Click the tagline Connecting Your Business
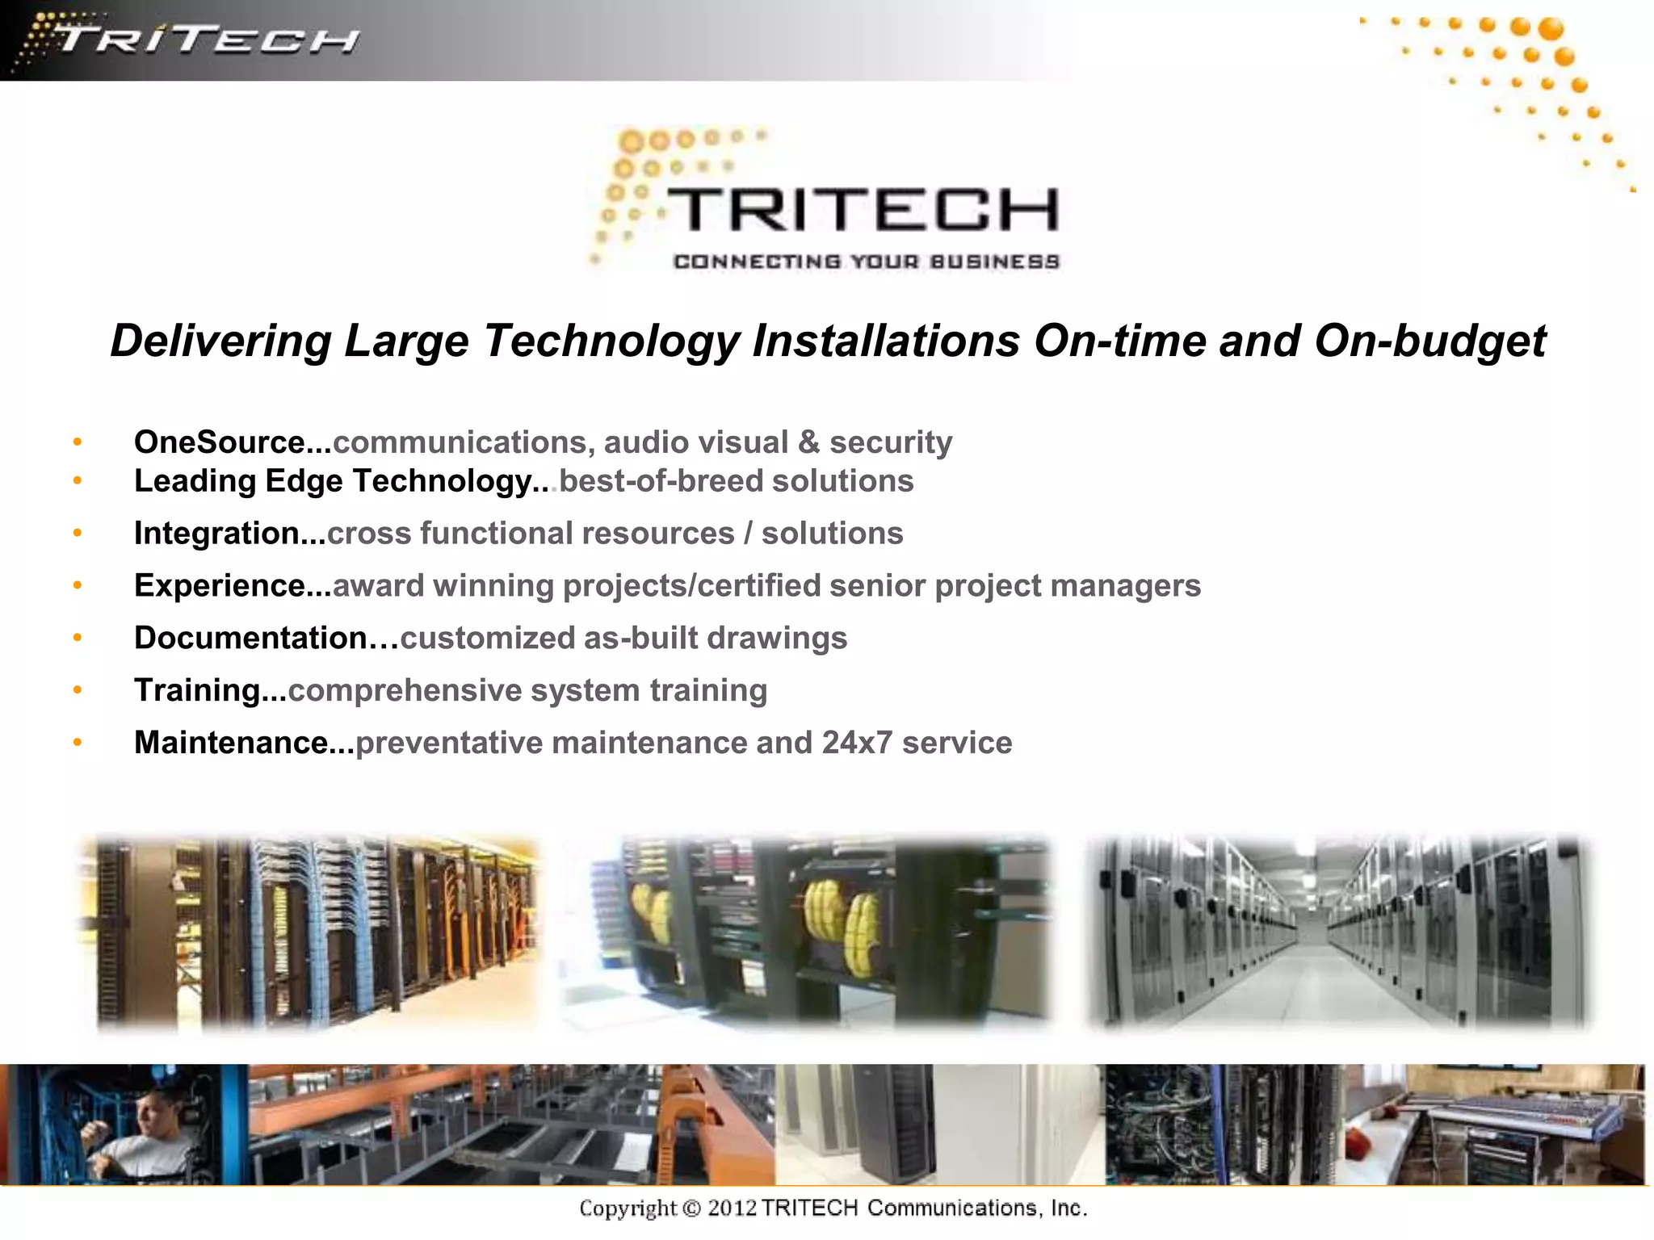pos(866,262)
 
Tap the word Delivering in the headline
pos(220,341)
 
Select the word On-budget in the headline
pos(1430,341)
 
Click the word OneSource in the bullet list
pos(219,442)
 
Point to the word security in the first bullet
pos(891,442)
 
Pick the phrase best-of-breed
pos(661,481)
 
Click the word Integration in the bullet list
pos(217,534)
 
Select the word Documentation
pos(250,639)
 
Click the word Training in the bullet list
pos(197,691)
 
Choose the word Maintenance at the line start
pos(231,744)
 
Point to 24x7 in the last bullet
pos(857,744)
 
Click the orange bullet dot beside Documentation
pos(78,638)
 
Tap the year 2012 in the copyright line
pos(732,1209)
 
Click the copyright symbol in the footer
pos(691,1209)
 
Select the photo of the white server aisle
pos(1337,932)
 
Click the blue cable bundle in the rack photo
pos(283,928)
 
